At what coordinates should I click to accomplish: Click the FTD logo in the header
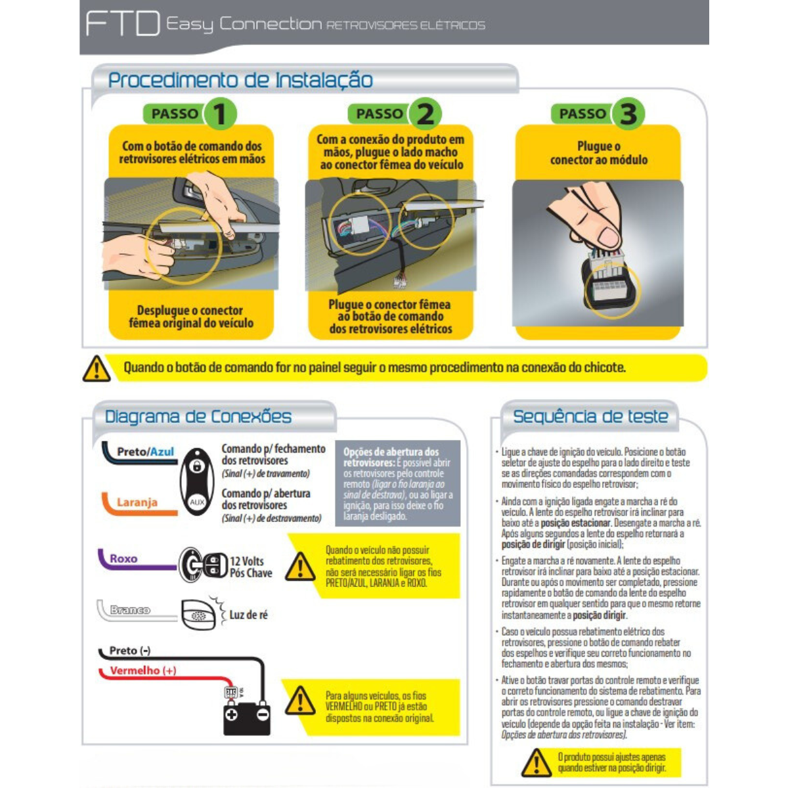tap(123, 24)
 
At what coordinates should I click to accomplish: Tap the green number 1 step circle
tap(219, 114)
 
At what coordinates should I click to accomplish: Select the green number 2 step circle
tap(425, 114)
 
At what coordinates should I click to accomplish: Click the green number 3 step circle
tap(628, 114)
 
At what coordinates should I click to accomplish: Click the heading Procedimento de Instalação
tap(240, 80)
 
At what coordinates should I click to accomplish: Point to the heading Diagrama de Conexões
tap(198, 416)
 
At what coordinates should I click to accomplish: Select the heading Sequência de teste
tap(590, 416)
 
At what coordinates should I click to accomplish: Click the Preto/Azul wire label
tap(145, 452)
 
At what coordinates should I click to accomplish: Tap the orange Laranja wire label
tap(137, 502)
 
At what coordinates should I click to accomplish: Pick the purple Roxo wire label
tap(123, 559)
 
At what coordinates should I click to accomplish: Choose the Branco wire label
tap(129, 610)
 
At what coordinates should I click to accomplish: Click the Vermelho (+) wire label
tap(142, 670)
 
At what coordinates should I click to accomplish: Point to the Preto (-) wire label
tap(129, 651)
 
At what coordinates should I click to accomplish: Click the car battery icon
tap(246, 715)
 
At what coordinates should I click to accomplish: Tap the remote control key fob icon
tap(197, 481)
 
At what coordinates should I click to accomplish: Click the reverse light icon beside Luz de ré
tap(198, 615)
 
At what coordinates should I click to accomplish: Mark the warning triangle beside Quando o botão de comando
tap(97, 369)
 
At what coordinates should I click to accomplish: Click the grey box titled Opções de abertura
tap(397, 483)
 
